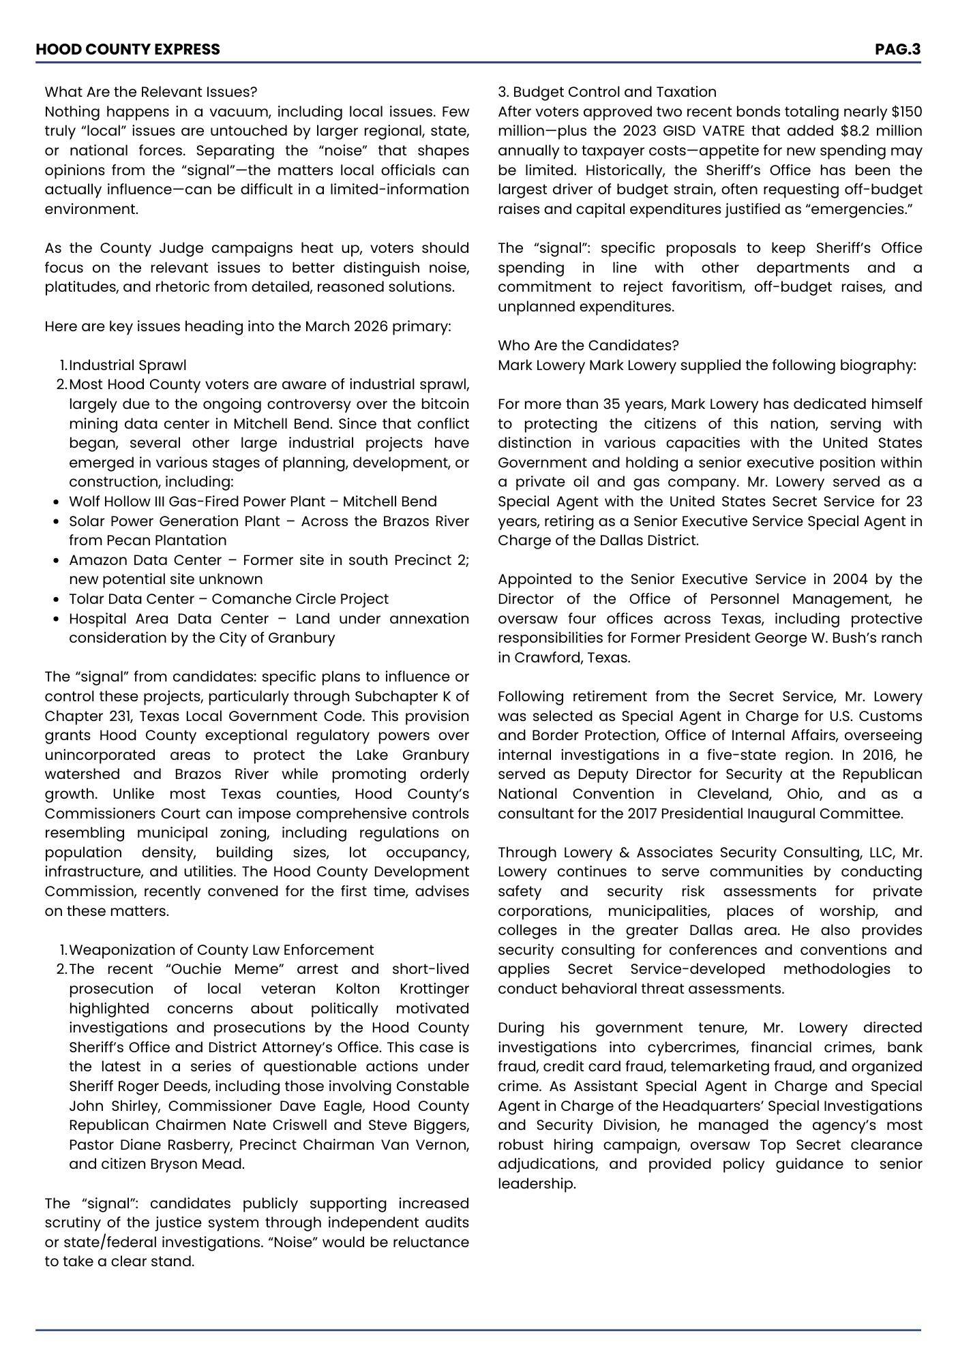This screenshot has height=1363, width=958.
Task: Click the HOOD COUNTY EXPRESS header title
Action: tap(128, 49)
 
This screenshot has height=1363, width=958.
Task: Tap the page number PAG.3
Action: tap(897, 49)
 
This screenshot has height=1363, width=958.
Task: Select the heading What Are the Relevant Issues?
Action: tap(151, 92)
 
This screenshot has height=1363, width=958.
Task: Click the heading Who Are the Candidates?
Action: tap(588, 346)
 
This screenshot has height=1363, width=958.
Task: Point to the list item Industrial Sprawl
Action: tap(128, 365)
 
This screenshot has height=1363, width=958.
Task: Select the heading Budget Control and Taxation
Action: tap(614, 92)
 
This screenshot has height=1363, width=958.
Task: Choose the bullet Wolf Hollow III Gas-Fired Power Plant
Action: tap(197, 502)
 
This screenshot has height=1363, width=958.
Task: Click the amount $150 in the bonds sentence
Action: tap(906, 112)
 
